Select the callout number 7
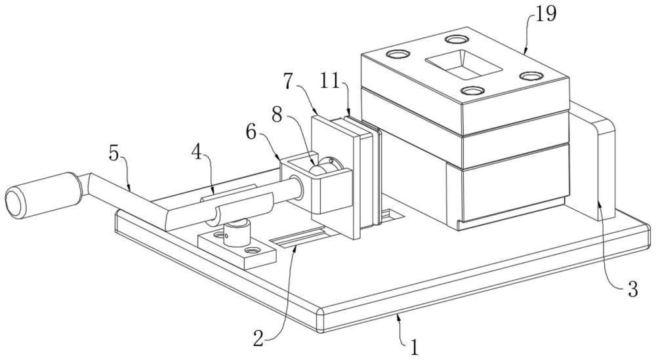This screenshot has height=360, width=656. pos(288,81)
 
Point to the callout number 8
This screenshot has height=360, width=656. pos(277,113)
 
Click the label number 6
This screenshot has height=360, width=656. pos(251,132)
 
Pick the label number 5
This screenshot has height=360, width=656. pos(113,154)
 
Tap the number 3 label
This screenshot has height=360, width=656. pos(632,289)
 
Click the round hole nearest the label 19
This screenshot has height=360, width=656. pos(456,39)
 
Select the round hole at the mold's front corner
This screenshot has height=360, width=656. pos(472,90)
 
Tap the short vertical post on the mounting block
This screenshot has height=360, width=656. pos(236,233)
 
